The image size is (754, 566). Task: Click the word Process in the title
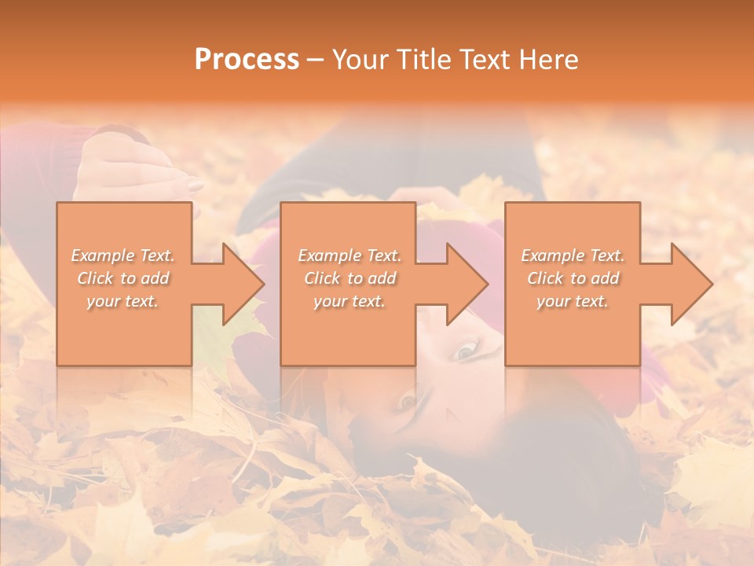[x=247, y=60]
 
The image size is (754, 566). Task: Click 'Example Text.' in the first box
[x=123, y=255]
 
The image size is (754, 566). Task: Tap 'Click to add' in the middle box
[x=350, y=278]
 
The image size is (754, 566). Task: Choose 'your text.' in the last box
[x=573, y=301]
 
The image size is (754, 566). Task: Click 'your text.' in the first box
[x=123, y=301]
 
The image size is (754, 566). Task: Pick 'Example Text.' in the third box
[x=573, y=255]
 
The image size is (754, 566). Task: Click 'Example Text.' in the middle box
[x=350, y=255]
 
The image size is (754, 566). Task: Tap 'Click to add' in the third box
[x=573, y=278]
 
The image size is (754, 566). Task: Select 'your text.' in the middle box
[x=350, y=301]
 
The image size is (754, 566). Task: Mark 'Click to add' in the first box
[x=123, y=278]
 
